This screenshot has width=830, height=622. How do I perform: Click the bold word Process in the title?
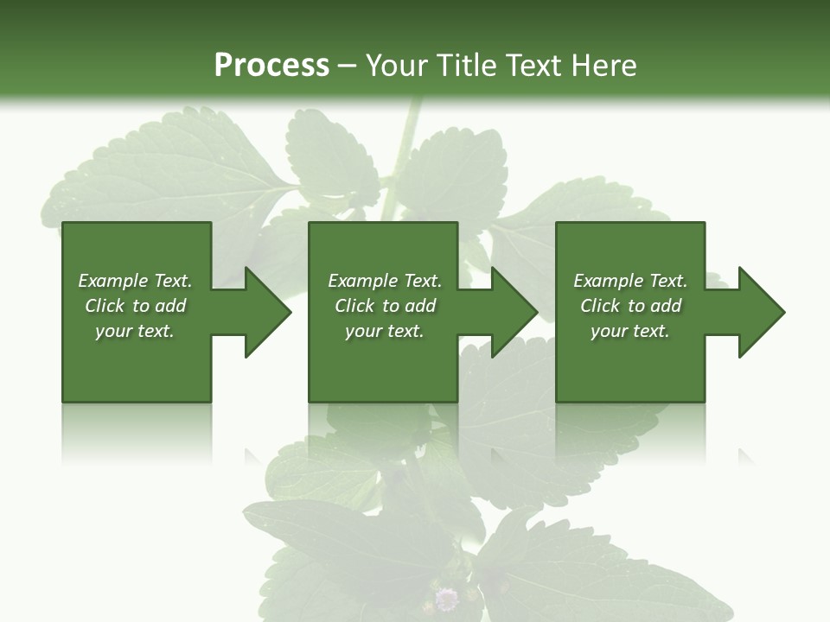271,66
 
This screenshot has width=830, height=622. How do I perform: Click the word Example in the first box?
113,281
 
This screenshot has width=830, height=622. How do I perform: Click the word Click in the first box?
105,306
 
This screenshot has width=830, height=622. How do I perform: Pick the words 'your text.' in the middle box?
384,331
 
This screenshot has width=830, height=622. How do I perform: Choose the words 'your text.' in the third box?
629,331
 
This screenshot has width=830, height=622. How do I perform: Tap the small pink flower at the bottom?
446,598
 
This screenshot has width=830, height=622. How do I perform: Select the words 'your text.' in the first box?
134,331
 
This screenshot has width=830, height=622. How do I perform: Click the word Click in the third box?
600,306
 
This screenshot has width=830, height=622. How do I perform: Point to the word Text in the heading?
533,66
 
